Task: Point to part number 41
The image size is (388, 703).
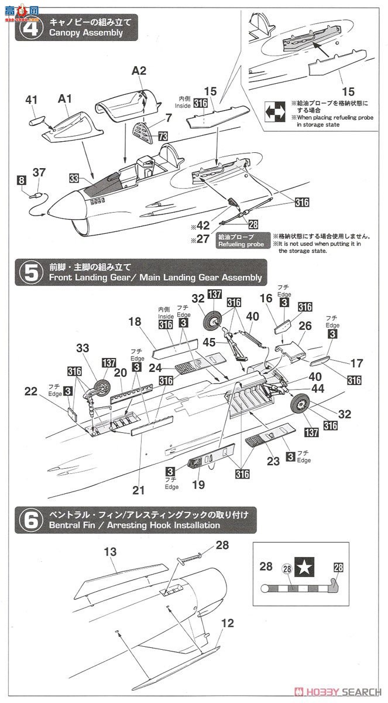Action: tap(31, 100)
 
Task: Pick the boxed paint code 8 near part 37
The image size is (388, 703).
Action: tap(22, 180)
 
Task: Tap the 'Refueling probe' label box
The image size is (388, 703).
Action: tap(241, 241)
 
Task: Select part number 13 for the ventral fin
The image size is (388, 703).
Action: tap(110, 551)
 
